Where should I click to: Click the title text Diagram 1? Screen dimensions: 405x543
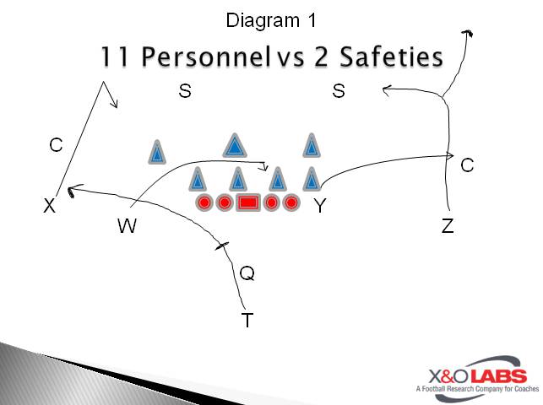[270, 19]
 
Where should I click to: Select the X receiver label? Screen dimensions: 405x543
[50, 205]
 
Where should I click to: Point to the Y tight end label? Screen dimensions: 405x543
[320, 205]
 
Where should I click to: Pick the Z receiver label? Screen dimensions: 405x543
[448, 225]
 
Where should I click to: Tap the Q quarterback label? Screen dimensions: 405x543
[247, 273]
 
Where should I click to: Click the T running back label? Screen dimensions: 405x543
[247, 320]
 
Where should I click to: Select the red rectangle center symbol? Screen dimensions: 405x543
[247, 202]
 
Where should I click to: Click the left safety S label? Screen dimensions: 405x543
[185, 91]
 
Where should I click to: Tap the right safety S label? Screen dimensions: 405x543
[339, 91]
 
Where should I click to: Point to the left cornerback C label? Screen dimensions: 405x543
[56, 145]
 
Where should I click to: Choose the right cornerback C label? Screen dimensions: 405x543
[467, 165]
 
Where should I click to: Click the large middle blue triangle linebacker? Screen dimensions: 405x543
[235, 146]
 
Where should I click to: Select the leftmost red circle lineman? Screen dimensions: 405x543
[204, 202]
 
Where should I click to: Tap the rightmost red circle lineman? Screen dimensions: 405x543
[291, 202]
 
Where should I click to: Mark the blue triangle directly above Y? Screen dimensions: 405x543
[312, 179]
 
